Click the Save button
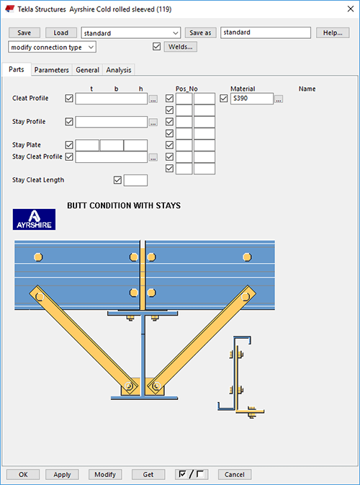[x=24, y=32]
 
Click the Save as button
[x=201, y=32]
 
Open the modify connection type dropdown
[x=53, y=47]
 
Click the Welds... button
[x=181, y=47]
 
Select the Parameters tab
[x=52, y=70]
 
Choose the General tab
[x=87, y=70]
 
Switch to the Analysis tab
[x=120, y=70]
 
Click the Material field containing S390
[x=251, y=99]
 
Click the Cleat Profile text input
[x=111, y=99]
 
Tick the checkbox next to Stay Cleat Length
[x=118, y=180]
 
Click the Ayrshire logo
[x=34, y=220]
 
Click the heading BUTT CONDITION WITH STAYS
[x=123, y=205]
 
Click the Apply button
[x=62, y=474]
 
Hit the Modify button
[x=104, y=474]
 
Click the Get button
[x=148, y=474]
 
